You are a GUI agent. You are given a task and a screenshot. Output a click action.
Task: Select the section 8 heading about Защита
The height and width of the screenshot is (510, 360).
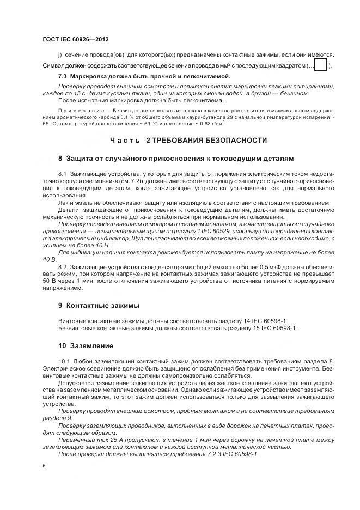point(175,158)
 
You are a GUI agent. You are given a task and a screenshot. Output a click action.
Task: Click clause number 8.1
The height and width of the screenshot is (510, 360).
point(63,173)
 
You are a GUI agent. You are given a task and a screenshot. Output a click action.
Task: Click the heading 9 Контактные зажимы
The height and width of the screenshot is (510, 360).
point(99,305)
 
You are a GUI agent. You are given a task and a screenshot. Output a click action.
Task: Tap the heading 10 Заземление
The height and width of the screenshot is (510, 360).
point(86,346)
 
